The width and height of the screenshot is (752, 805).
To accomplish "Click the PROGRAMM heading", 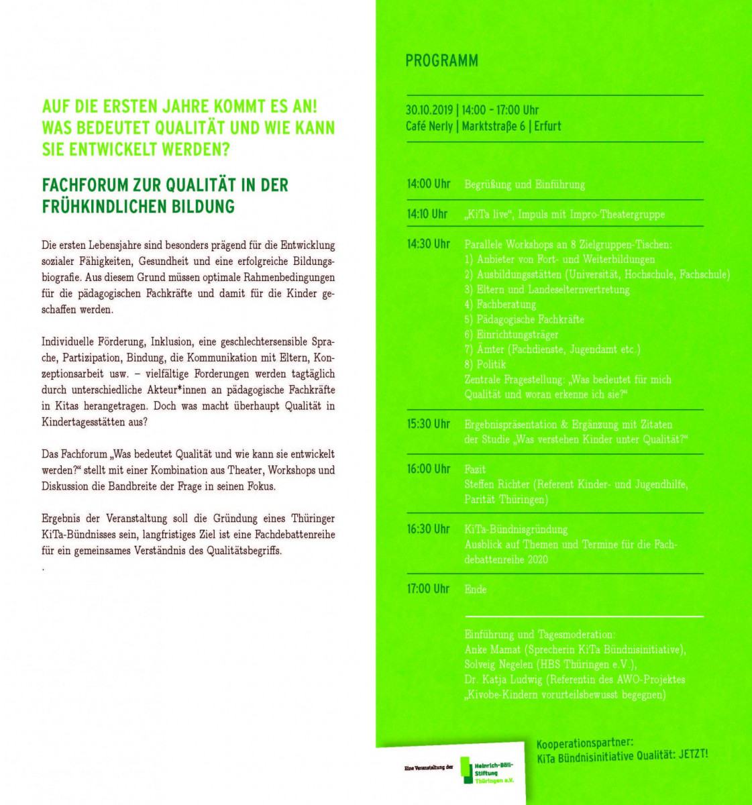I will [441, 61].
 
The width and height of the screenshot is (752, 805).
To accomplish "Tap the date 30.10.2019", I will [429, 110].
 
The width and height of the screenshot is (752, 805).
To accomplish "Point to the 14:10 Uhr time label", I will [427, 214].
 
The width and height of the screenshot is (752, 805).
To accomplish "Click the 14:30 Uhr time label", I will [428, 244].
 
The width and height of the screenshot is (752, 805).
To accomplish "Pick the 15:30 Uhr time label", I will [428, 424].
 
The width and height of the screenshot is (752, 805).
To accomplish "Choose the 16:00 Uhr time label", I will [428, 469].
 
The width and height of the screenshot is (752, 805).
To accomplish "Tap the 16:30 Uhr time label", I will [428, 529].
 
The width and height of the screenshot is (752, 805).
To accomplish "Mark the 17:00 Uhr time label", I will [428, 589].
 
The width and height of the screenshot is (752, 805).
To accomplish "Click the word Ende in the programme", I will [476, 590].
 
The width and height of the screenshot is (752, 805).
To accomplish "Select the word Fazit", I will [475, 470].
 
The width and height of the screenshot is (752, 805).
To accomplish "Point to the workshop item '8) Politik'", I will [485, 364].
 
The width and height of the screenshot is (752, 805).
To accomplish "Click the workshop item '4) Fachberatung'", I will [500, 305].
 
